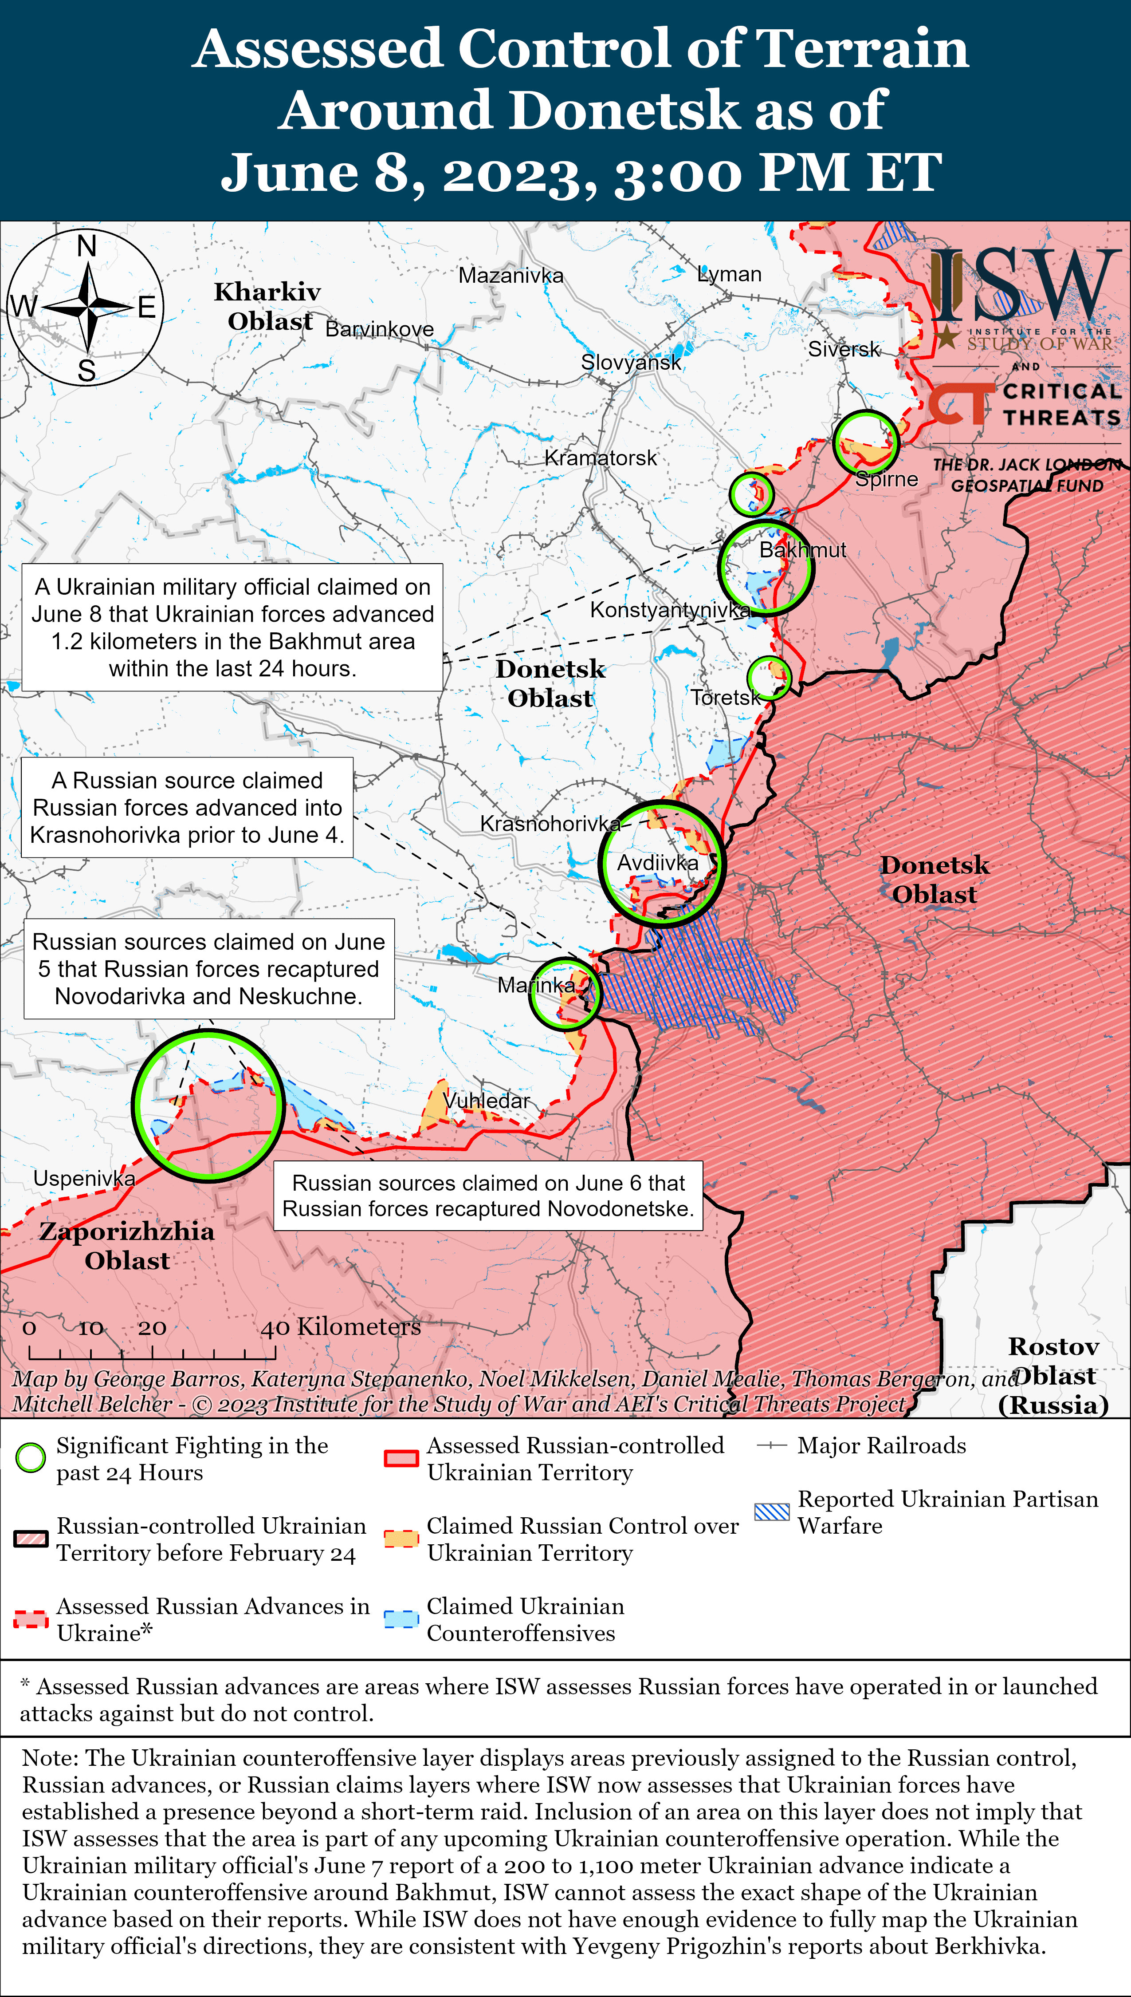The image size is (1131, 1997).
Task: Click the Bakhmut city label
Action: (x=802, y=550)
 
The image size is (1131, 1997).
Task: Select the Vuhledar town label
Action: (x=487, y=1101)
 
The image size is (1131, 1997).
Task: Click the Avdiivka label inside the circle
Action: (x=657, y=863)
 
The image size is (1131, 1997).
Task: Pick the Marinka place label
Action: (x=536, y=985)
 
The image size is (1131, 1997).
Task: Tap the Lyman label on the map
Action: (x=730, y=274)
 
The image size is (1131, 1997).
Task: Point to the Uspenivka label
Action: (x=84, y=1179)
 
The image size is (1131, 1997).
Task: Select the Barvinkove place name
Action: (x=379, y=329)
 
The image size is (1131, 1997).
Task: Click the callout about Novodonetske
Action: (x=488, y=1196)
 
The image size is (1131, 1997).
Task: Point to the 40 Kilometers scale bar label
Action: (x=340, y=1327)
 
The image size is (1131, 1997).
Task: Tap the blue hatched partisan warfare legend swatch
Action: (x=772, y=1512)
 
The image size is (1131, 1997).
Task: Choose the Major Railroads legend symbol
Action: (x=772, y=1445)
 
